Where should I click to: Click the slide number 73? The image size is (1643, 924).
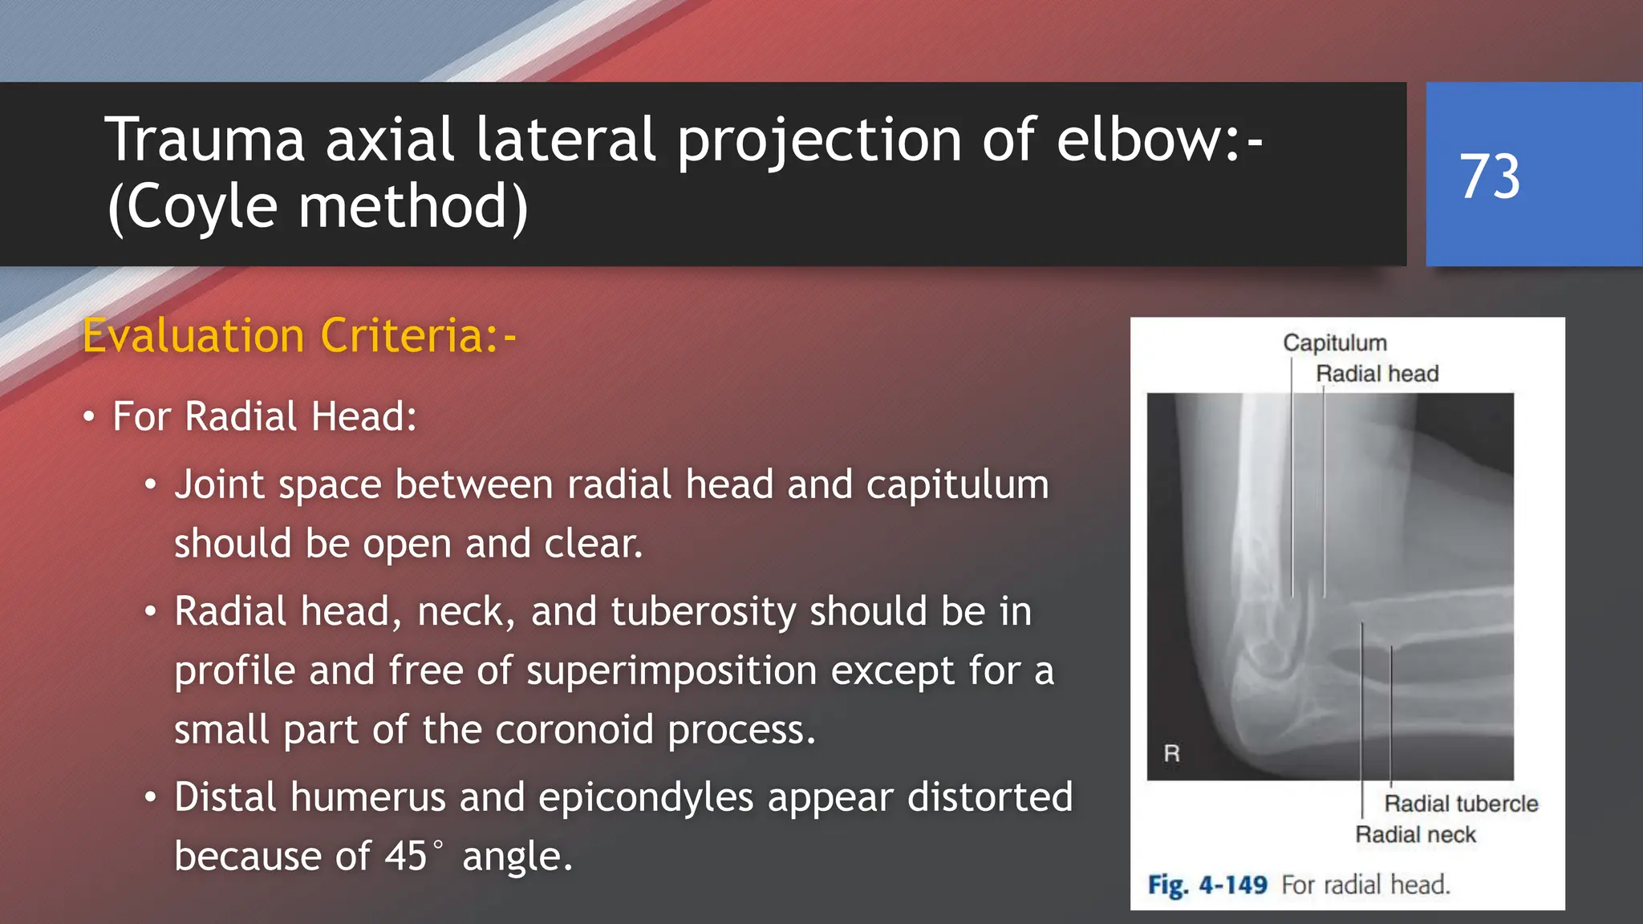click(x=1489, y=176)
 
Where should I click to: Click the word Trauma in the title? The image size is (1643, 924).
click(x=205, y=140)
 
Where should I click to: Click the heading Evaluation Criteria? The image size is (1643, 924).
click(x=298, y=335)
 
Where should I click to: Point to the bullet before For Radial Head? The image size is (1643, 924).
click(x=89, y=417)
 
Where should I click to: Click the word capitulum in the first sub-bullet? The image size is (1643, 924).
click(x=957, y=484)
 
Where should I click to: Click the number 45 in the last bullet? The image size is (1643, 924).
click(x=405, y=857)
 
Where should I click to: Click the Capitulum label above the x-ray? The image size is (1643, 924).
click(x=1334, y=343)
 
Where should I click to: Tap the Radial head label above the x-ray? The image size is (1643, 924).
click(x=1377, y=374)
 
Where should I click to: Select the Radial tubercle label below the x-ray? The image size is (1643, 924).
click(x=1460, y=804)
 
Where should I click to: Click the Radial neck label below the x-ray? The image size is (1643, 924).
click(x=1415, y=835)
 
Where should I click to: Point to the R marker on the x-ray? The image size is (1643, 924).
click(x=1171, y=754)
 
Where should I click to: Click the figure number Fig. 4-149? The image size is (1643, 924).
click(x=1207, y=885)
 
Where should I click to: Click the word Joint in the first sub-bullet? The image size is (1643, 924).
click(x=219, y=484)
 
